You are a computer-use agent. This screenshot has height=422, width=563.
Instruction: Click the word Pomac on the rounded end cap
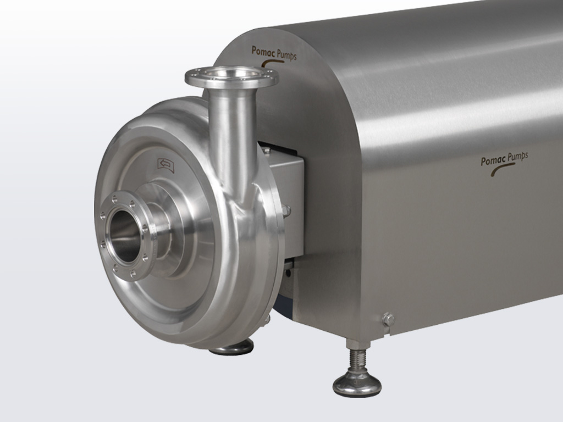coord(263,51)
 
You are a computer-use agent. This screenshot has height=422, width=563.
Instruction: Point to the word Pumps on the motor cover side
coord(516,157)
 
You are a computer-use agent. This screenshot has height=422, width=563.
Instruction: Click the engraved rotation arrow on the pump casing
coord(166,165)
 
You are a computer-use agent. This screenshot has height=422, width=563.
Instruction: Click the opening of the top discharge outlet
coord(231,74)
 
